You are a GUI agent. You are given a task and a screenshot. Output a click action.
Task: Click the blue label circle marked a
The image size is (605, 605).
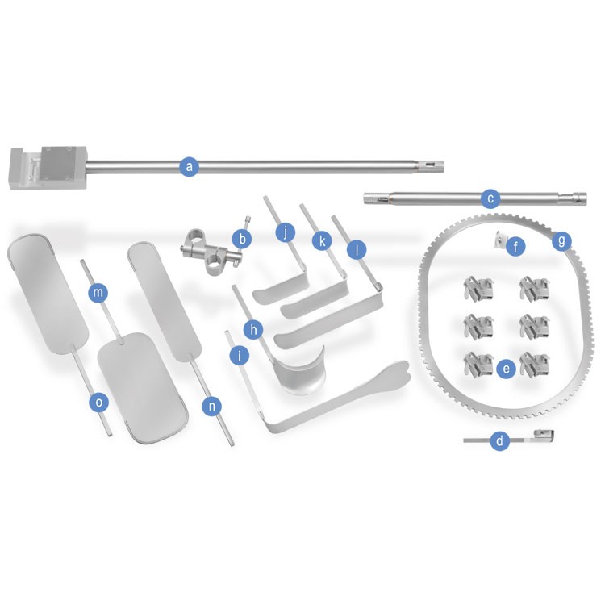(x=189, y=167)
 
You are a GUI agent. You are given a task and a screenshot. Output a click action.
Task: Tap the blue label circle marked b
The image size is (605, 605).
(x=242, y=239)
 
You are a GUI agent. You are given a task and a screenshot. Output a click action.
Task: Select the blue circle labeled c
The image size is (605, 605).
(x=490, y=198)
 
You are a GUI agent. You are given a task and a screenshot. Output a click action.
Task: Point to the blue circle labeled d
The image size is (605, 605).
(x=499, y=440)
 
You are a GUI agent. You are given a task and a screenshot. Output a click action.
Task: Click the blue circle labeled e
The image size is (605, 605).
(x=507, y=369)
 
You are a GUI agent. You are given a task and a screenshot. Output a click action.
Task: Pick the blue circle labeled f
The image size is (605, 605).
(x=516, y=246)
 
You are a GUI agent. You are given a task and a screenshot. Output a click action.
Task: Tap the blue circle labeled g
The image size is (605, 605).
(x=561, y=241)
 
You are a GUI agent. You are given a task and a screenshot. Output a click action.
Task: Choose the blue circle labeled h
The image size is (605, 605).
(x=253, y=329)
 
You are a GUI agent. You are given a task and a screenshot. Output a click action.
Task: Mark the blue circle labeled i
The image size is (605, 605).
(x=240, y=356)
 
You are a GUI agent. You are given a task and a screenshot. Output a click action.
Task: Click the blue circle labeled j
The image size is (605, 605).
(x=286, y=232)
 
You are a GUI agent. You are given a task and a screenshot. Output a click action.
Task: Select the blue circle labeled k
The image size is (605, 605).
(x=322, y=241)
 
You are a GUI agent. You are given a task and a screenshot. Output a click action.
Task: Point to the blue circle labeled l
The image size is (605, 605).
(x=357, y=250)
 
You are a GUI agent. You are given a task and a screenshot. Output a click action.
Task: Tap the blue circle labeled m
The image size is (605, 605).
(x=98, y=293)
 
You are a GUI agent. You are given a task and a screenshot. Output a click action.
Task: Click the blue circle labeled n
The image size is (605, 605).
(x=212, y=406)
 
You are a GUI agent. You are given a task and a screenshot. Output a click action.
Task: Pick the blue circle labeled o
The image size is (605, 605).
(x=99, y=403)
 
